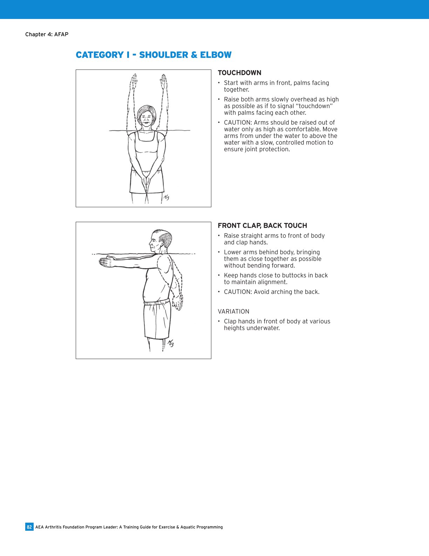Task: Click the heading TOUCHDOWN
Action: tap(239, 73)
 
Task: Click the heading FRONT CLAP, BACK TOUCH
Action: tap(262, 226)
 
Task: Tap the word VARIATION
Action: tap(233, 311)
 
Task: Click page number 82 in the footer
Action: tap(29, 527)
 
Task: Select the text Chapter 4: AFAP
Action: tap(47, 34)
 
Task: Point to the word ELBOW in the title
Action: tap(216, 55)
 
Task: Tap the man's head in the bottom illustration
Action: tap(161, 241)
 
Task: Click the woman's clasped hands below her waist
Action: tap(146, 183)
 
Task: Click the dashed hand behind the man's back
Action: tap(178, 303)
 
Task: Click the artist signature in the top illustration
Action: tap(166, 198)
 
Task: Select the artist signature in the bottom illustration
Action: tap(170, 343)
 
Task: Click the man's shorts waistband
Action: tap(157, 302)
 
